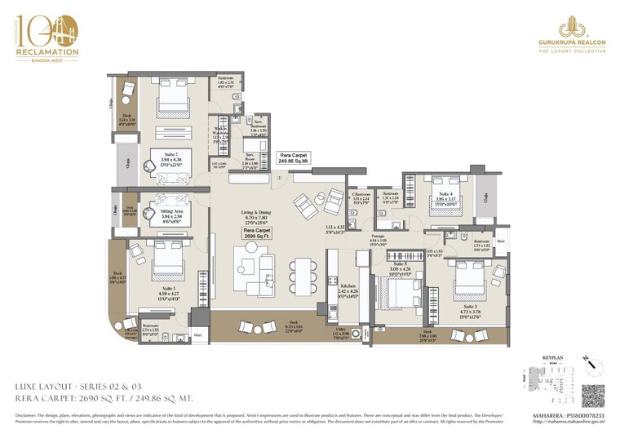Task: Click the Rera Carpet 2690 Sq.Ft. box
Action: [257, 235]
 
